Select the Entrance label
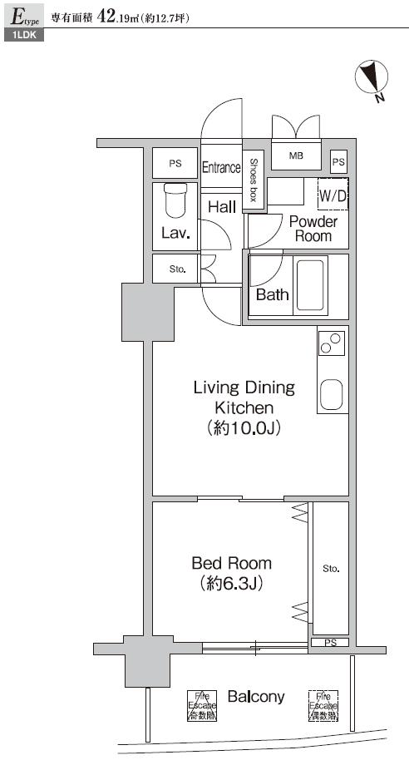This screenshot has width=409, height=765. point(221,167)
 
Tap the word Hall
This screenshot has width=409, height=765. point(222,206)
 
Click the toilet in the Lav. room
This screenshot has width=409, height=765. point(175,200)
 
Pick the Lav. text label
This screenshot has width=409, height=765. point(175,234)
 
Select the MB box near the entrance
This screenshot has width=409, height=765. point(296,156)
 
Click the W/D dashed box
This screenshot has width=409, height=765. point(333,195)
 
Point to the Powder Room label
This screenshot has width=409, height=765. point(313,229)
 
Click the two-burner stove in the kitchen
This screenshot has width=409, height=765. point(332,343)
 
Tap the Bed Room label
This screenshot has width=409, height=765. point(231,563)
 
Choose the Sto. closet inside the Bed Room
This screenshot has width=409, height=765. point(331,569)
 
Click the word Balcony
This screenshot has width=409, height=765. point(256,697)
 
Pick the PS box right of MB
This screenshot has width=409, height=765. point(338,162)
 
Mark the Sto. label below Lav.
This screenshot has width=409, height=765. point(176,269)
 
